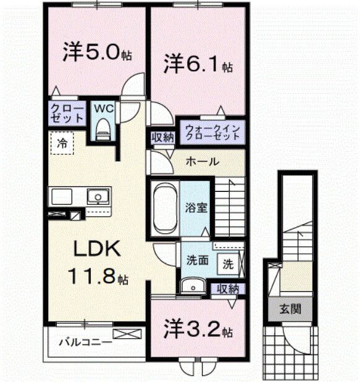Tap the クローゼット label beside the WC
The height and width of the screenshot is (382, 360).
tap(66, 113)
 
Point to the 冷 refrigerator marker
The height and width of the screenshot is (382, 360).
tap(62, 143)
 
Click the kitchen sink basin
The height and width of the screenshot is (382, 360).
tap(97, 197)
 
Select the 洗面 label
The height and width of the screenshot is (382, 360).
tap(197, 261)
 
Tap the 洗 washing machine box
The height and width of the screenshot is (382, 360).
tap(228, 265)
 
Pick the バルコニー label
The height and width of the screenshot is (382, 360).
tap(85, 342)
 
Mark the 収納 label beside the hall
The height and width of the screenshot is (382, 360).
tap(162, 137)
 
